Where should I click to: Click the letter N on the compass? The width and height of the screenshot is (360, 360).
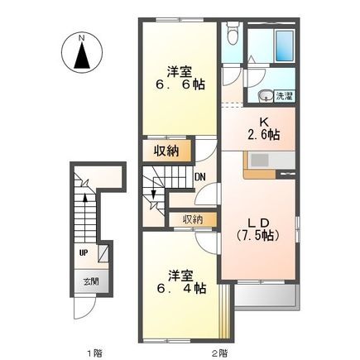point(81,37)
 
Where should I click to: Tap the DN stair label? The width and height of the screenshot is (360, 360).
point(199,176)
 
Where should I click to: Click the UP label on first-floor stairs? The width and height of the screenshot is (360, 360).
point(84,252)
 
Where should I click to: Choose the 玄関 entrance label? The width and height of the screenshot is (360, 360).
point(89,281)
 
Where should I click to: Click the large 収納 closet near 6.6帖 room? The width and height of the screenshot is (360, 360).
point(166,150)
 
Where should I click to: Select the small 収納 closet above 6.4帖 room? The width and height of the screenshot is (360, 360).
point(193,219)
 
